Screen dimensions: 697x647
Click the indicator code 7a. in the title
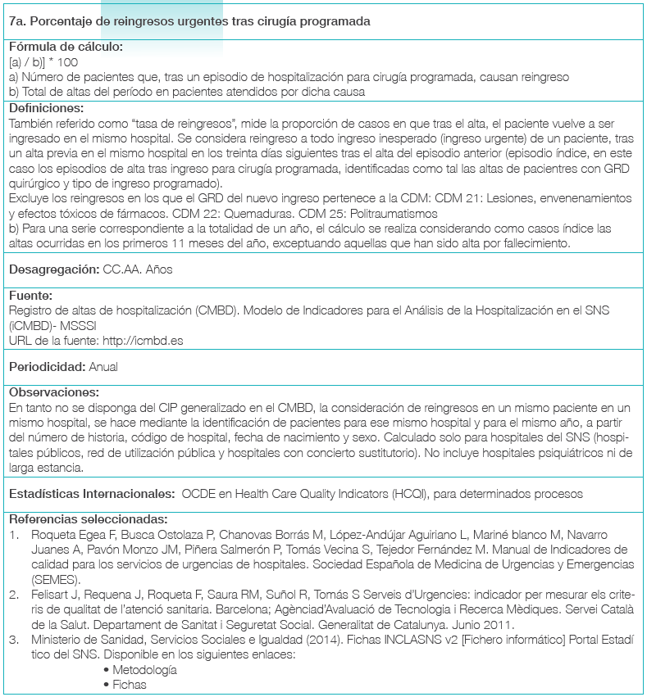tap(18, 21)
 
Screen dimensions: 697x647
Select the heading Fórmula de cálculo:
tap(66, 47)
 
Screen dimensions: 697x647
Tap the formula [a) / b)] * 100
tap(43, 61)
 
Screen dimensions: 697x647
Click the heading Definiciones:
tap(46, 107)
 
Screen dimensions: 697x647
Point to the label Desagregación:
tap(53, 269)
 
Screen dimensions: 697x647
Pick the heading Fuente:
tap(31, 296)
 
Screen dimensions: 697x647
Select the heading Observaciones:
tap(54, 392)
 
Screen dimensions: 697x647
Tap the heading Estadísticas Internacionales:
tap(90, 494)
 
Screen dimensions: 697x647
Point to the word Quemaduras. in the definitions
tap(227, 210)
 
